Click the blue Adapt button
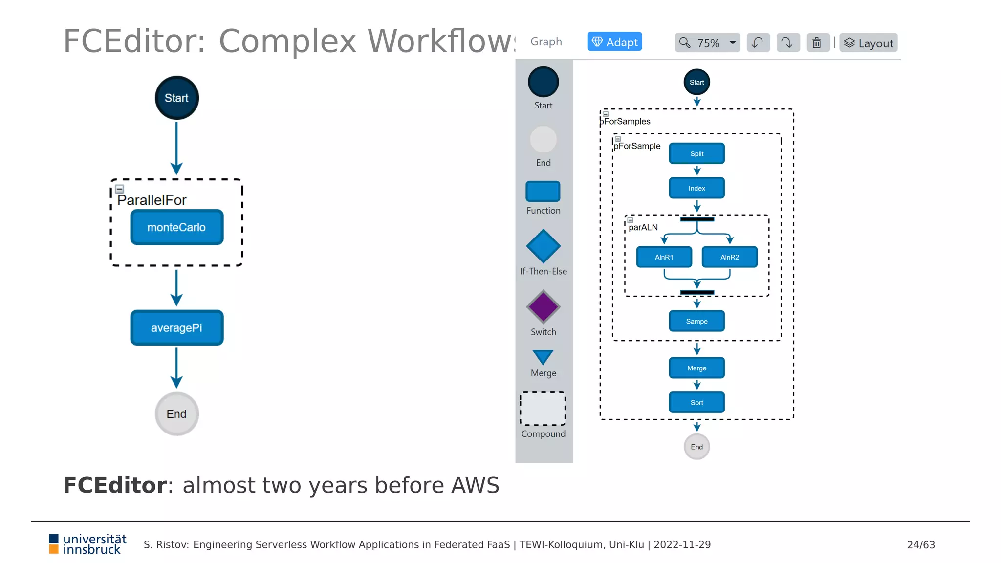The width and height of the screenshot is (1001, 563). (x=614, y=42)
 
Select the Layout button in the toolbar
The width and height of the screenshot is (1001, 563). (x=869, y=43)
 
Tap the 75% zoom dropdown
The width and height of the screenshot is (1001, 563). (x=707, y=43)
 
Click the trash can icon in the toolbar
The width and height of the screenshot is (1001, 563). (x=817, y=43)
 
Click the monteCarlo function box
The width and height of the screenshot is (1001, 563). (x=176, y=227)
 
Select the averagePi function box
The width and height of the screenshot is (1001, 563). (x=176, y=328)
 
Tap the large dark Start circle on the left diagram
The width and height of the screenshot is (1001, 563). (x=176, y=98)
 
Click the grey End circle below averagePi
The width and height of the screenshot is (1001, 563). (x=176, y=414)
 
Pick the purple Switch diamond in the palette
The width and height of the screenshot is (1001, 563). (x=543, y=307)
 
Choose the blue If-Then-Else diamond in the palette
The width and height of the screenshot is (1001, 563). (x=543, y=246)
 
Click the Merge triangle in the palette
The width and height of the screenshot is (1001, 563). (x=543, y=356)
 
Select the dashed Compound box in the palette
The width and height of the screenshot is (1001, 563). (x=543, y=409)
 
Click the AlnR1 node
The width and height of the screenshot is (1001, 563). (x=664, y=257)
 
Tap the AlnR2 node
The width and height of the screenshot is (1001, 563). (x=729, y=257)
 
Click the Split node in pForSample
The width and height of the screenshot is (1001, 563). (x=696, y=153)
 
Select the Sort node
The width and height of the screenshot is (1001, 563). (x=696, y=403)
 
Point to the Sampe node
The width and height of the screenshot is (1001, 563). (x=696, y=321)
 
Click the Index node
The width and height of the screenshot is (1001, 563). (x=696, y=188)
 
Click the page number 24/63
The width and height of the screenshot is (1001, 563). (x=920, y=545)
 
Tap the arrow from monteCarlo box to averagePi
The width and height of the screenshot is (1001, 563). (x=176, y=286)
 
